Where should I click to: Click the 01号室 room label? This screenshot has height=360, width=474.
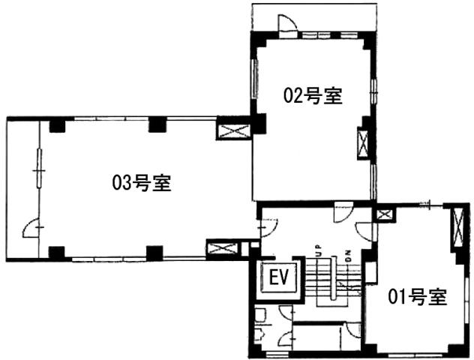pos(418,297)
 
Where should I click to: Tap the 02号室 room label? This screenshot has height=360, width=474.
pos(313,96)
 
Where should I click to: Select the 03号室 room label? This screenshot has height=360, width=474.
pos(142,182)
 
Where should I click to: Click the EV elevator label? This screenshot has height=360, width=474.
pos(279,277)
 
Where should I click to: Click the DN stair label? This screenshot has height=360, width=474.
pos(348,256)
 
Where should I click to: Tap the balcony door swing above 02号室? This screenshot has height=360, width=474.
pos(287,23)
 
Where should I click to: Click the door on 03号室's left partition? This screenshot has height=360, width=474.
pos(31,227)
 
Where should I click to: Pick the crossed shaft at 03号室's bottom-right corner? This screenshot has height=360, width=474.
pos(223,249)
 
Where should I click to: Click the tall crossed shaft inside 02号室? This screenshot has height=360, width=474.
pos(362,143)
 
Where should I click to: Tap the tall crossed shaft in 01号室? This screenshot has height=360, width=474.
pos(458,226)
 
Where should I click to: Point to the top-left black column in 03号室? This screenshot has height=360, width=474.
pos(58,125)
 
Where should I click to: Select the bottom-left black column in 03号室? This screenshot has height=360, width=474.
pos(57,253)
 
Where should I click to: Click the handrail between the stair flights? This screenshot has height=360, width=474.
pos(334,278)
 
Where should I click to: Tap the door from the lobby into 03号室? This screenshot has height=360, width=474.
pos(268,227)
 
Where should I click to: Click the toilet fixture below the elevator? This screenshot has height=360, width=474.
pos(259,314)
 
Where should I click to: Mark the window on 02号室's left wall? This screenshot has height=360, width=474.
pos(256,78)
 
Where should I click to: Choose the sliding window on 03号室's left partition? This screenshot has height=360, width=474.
pos(39,168)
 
